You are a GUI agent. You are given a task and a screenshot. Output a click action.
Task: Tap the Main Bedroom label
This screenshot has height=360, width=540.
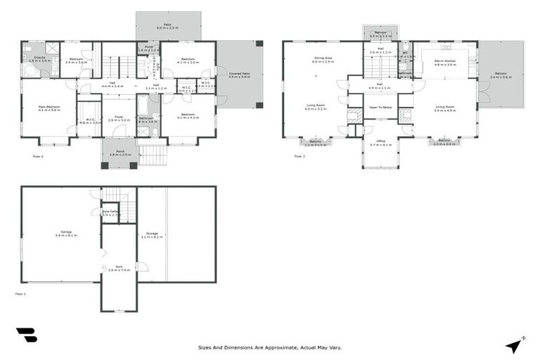tap(49, 108)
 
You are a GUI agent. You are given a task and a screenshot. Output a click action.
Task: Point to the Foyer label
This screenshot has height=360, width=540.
tap(119, 119)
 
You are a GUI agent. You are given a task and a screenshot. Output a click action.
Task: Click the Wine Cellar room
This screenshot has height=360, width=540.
tap(109, 212)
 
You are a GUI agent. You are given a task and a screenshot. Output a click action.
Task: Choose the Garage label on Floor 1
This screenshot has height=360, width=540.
tap(65, 233)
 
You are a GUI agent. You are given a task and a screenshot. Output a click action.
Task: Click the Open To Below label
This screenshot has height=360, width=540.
tap(380, 108)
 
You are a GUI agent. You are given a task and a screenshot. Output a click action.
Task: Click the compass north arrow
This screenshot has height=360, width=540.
tap(515, 345)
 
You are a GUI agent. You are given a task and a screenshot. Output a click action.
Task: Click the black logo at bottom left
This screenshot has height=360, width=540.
tap(26, 335)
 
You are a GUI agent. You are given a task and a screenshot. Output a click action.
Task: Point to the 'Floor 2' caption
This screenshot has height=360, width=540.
tap(38, 156)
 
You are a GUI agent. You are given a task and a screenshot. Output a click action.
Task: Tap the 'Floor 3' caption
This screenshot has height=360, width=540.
tap(300, 156)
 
